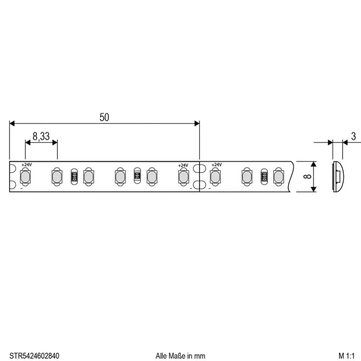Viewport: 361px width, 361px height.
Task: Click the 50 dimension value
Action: pos(104,117)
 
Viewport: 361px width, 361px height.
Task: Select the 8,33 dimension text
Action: pos(41,136)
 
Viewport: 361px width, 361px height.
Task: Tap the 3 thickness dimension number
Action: pos(354,136)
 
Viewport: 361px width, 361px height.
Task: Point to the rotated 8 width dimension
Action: pos(307,177)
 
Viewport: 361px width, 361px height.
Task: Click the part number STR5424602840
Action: pos(34,356)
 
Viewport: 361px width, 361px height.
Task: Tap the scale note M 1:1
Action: pos(346,356)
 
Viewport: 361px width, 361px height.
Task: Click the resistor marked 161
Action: pos(137,175)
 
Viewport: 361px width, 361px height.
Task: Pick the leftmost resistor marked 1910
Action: pos(74,177)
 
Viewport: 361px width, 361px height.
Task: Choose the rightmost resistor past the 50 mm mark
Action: pos(264,177)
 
